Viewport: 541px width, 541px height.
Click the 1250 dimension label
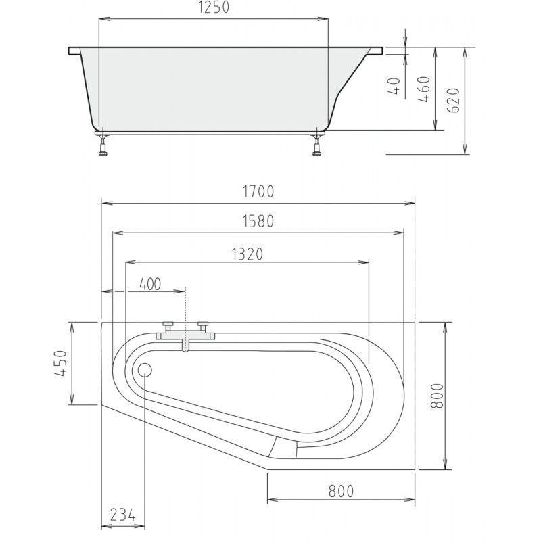coord(214,8)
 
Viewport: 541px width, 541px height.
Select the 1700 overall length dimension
coord(258,191)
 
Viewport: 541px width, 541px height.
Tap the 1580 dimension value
coord(258,221)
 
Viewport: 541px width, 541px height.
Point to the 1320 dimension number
coord(248,254)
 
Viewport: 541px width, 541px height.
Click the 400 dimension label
coord(150,284)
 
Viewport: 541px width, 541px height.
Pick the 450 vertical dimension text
coord(61,363)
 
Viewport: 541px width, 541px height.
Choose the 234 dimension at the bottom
coord(123,515)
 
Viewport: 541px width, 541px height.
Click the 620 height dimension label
coord(453,100)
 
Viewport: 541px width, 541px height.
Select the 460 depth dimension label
coord(425,89)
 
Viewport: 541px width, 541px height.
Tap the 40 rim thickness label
coord(394,87)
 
